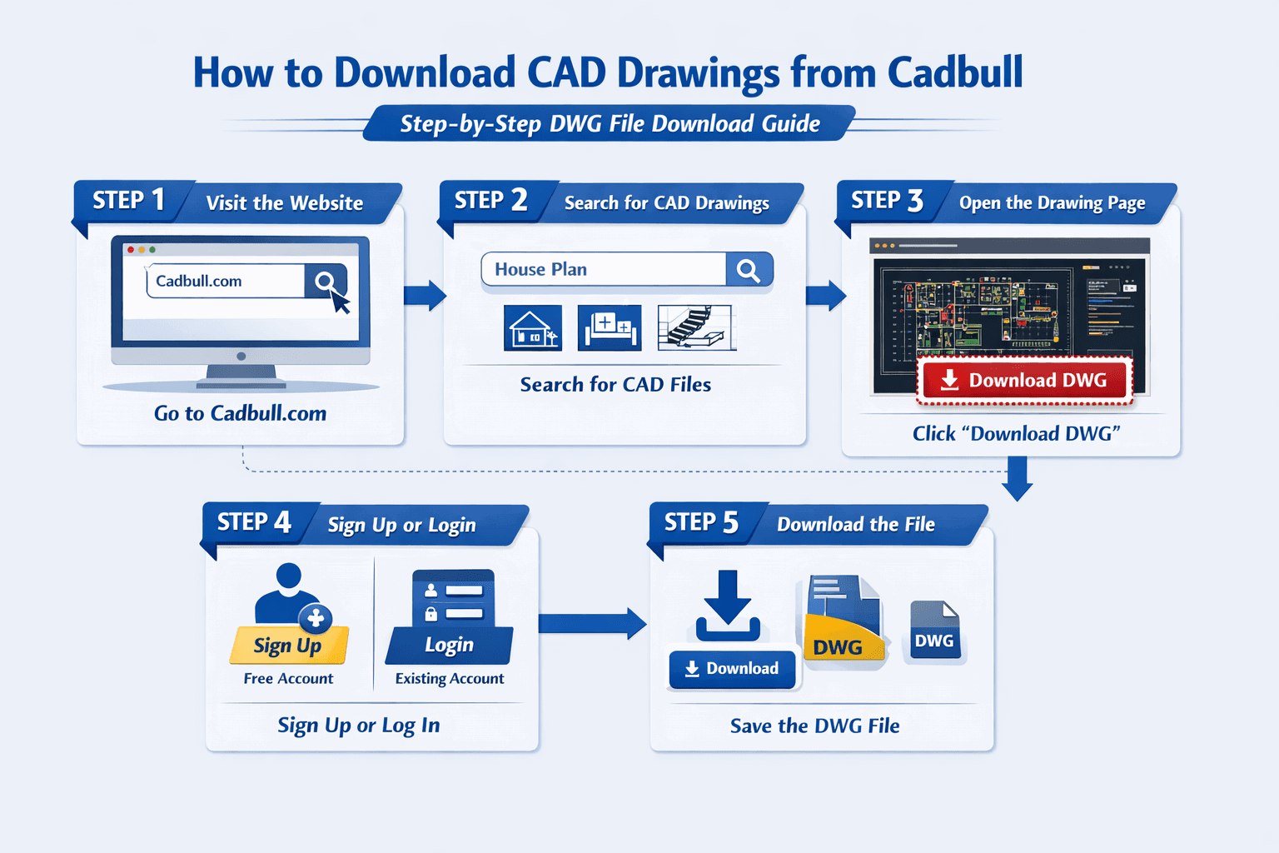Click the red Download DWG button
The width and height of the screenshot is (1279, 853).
(1025, 381)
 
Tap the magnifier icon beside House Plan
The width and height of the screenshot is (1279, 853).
(749, 270)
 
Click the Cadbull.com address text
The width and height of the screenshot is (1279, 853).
(199, 282)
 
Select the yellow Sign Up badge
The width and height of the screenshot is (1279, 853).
(288, 646)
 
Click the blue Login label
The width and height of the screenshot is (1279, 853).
(449, 645)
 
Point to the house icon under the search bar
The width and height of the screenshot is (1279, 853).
(533, 327)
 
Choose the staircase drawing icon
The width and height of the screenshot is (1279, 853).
(696, 327)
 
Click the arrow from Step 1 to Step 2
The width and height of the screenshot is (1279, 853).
(425, 296)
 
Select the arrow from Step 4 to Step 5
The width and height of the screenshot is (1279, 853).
(592, 623)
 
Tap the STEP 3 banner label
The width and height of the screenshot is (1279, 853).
(887, 201)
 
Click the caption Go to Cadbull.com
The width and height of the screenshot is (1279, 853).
(240, 413)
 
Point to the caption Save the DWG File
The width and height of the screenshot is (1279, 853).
(814, 726)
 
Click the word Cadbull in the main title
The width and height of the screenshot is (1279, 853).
(955, 72)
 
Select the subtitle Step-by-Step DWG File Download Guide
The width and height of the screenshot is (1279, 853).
(610, 124)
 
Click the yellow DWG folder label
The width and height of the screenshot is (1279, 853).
(838, 647)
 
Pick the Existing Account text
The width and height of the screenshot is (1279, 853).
(450, 679)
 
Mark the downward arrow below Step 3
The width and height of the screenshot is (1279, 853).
(1018, 478)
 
